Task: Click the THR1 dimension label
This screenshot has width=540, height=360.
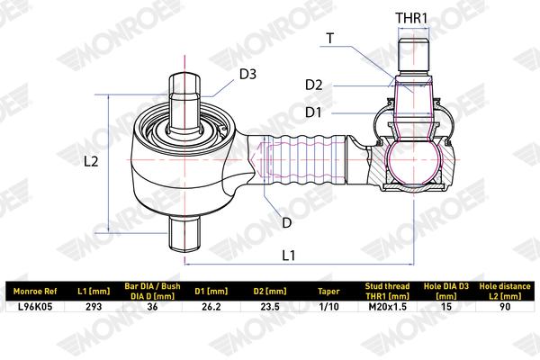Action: [x=411, y=18]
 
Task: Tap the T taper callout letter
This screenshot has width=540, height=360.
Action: [x=330, y=38]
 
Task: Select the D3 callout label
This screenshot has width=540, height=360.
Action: [x=248, y=74]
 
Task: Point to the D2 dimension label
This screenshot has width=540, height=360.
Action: [x=314, y=85]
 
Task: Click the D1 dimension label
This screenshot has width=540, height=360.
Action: [x=313, y=112]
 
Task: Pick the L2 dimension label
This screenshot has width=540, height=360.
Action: [x=91, y=161]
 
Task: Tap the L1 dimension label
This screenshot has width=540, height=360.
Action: [x=289, y=256]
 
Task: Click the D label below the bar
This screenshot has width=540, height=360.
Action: [x=286, y=223]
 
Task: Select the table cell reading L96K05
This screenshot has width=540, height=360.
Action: [x=35, y=307]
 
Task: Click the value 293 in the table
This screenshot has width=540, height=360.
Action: [x=94, y=307]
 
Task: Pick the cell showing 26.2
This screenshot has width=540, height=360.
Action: [x=211, y=307]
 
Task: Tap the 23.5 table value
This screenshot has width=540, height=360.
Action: [x=270, y=307]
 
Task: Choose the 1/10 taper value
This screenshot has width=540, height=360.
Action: [x=328, y=307]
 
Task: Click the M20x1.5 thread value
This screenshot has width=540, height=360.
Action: [x=387, y=307]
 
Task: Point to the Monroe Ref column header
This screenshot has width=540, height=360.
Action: [x=35, y=292]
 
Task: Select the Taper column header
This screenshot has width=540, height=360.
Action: [x=328, y=292]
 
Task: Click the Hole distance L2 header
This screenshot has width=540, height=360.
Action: [x=505, y=291]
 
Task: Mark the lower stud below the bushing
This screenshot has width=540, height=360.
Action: [x=184, y=233]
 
